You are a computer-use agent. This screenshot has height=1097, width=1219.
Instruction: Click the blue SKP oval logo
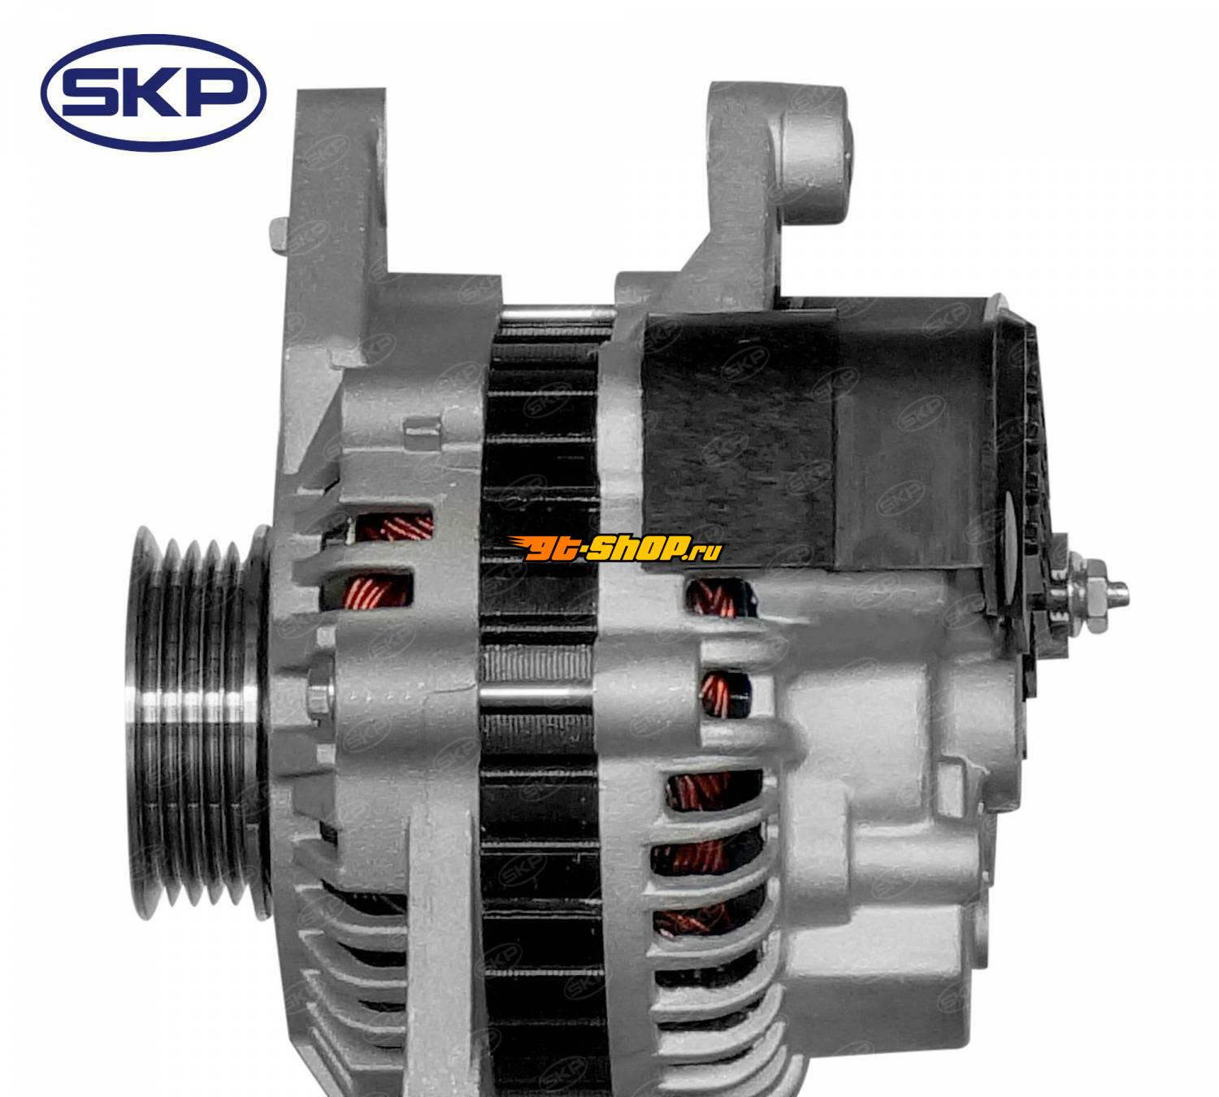[x=153, y=93]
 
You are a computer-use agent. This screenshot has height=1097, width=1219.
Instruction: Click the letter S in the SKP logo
[x=90, y=93]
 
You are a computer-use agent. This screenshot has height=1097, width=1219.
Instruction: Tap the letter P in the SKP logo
[x=217, y=93]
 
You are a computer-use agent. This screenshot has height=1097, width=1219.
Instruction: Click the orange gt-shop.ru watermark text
[x=615, y=548]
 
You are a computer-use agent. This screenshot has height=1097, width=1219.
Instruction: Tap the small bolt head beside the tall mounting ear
[x=278, y=236]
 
